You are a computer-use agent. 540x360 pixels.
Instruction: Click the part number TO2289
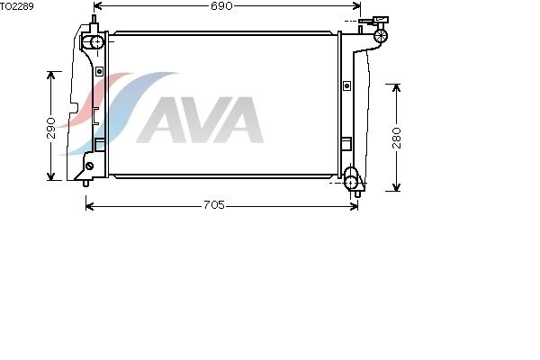click(x=17, y=6)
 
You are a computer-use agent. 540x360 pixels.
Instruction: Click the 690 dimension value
click(x=221, y=6)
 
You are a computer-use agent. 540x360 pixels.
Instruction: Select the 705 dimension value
click(x=214, y=205)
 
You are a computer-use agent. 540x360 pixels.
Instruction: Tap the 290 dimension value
click(x=51, y=128)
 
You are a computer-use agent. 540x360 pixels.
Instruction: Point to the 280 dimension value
click(x=397, y=138)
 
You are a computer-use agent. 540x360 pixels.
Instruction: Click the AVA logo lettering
click(x=200, y=120)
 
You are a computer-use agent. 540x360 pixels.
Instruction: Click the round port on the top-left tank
click(x=97, y=42)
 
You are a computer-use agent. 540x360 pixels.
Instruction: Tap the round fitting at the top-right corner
click(x=381, y=35)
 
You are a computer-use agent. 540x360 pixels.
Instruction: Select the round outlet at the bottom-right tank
click(x=351, y=182)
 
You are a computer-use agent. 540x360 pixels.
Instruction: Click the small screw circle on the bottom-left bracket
click(x=89, y=166)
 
